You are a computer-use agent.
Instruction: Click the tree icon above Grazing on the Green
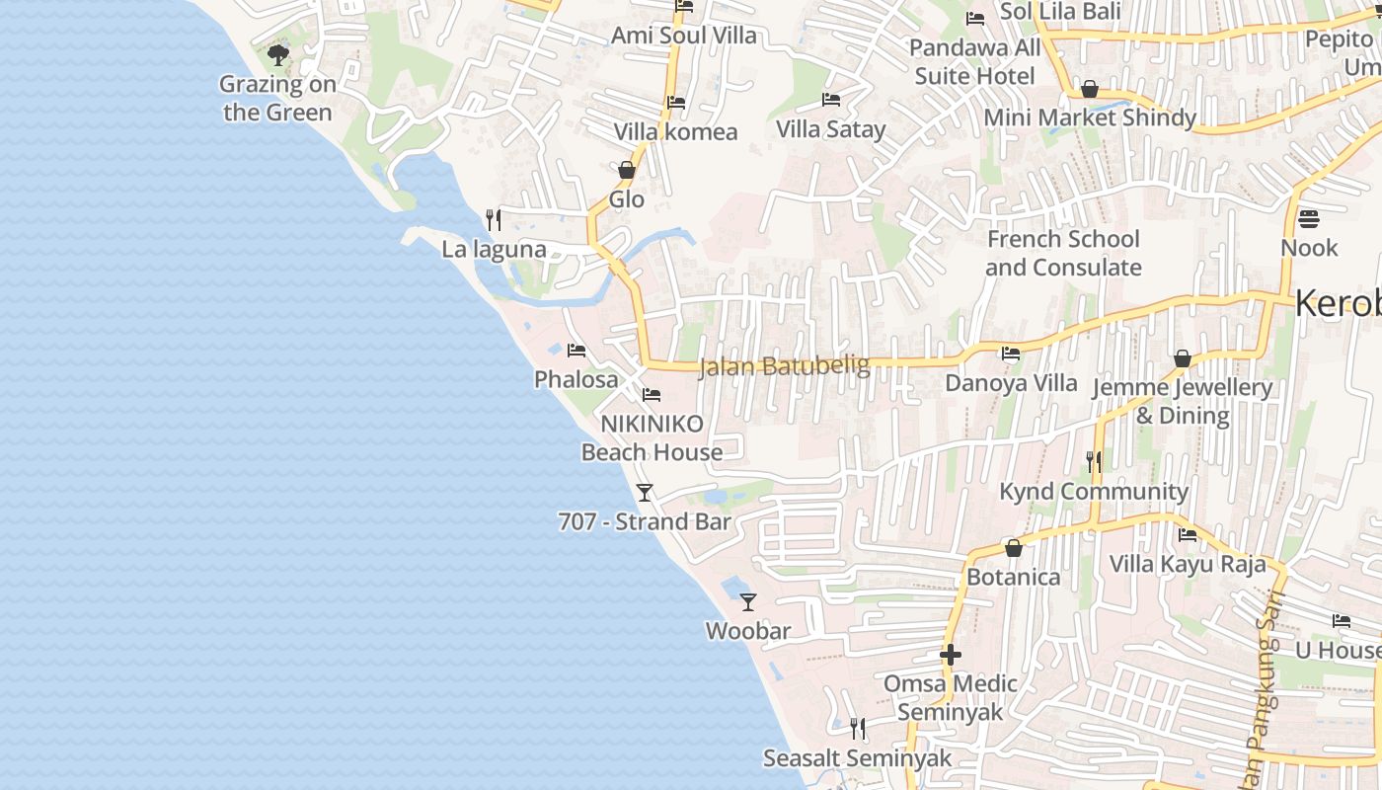(278, 54)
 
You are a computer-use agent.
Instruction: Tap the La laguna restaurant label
(494, 249)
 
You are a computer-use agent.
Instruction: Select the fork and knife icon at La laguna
(494, 219)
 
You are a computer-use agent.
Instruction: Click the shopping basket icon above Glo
(626, 170)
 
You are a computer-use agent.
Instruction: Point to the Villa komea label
(675, 131)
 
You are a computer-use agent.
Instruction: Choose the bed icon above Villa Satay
(831, 100)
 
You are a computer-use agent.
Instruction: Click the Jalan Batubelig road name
(785, 366)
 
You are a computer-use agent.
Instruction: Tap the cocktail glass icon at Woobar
(748, 601)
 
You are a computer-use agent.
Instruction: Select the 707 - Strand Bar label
(645, 521)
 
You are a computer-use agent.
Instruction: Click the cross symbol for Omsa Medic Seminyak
(951, 654)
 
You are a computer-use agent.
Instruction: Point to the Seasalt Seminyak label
(857, 758)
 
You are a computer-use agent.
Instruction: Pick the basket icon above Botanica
(1013, 548)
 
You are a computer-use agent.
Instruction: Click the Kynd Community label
(1094, 491)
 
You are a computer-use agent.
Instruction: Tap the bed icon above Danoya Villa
(1011, 353)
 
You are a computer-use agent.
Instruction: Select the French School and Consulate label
(1063, 253)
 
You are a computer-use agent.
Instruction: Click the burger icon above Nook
(1309, 218)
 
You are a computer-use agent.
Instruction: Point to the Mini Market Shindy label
(1090, 118)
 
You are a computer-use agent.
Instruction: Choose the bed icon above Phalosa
(576, 351)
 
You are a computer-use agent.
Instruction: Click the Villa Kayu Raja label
(1188, 564)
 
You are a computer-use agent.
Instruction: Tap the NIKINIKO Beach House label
(653, 437)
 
